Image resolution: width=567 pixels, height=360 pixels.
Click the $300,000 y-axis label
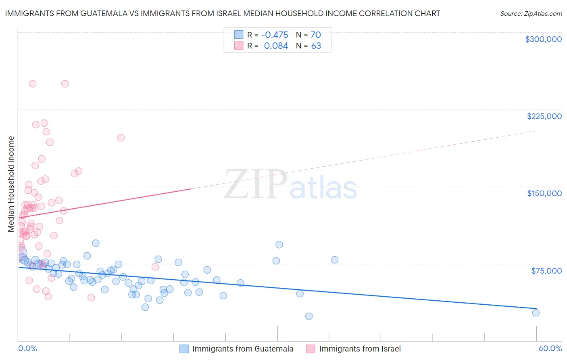(543, 39)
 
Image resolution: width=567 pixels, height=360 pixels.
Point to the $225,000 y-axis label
(544, 116)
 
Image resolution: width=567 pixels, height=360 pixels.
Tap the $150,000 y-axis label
(544, 193)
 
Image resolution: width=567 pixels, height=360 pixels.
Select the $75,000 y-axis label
(546, 271)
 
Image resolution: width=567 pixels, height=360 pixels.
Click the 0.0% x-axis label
(27, 348)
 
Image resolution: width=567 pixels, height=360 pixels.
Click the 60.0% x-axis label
(550, 348)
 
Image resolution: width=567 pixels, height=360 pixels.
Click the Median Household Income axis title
(11, 184)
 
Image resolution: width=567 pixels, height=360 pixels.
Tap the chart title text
(222, 13)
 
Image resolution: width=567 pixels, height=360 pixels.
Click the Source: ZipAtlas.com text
(531, 13)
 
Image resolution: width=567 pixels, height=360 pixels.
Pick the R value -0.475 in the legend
(275, 35)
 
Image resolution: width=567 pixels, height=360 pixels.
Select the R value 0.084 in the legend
(276, 46)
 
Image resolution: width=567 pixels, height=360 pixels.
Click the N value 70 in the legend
(315, 35)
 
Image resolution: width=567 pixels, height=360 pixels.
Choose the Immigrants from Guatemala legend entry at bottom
(242, 349)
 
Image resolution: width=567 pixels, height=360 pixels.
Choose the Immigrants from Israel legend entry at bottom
(360, 349)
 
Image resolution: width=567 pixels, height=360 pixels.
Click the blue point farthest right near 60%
(536, 313)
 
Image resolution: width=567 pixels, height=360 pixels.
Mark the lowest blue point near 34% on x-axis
(309, 316)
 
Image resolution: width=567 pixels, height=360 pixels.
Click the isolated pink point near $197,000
(121, 138)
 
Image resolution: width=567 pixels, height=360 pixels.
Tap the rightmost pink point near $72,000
(155, 267)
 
